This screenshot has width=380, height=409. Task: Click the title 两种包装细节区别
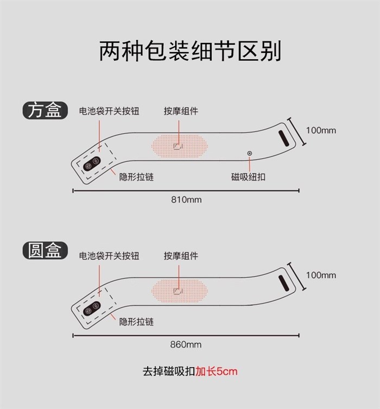[x=190, y=51]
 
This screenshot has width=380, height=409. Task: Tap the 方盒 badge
[x=45, y=110]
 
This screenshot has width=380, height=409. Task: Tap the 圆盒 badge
[x=45, y=250]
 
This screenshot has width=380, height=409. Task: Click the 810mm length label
[x=186, y=200]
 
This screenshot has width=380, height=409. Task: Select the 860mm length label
[x=186, y=344]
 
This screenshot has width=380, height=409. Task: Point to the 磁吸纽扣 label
[x=248, y=177]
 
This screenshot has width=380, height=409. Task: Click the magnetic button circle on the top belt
[x=249, y=153]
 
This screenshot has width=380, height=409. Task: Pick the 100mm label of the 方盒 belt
[x=321, y=130]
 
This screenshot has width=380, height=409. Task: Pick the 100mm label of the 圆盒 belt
[x=321, y=275]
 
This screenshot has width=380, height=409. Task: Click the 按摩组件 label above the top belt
[x=181, y=111]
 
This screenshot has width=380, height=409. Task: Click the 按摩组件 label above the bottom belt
[x=181, y=256]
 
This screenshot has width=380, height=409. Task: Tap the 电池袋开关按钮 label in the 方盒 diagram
[x=109, y=111]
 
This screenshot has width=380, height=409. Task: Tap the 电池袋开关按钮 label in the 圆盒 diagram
[x=109, y=256]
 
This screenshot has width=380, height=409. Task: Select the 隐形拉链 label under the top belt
[x=136, y=177]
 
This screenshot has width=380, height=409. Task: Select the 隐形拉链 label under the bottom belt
[x=136, y=322]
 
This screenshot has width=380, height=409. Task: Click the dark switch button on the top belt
[x=92, y=164]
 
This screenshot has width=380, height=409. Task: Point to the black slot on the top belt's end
[x=283, y=139]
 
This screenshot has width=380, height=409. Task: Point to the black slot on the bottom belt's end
[x=283, y=284]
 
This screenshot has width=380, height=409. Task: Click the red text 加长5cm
[x=217, y=371]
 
